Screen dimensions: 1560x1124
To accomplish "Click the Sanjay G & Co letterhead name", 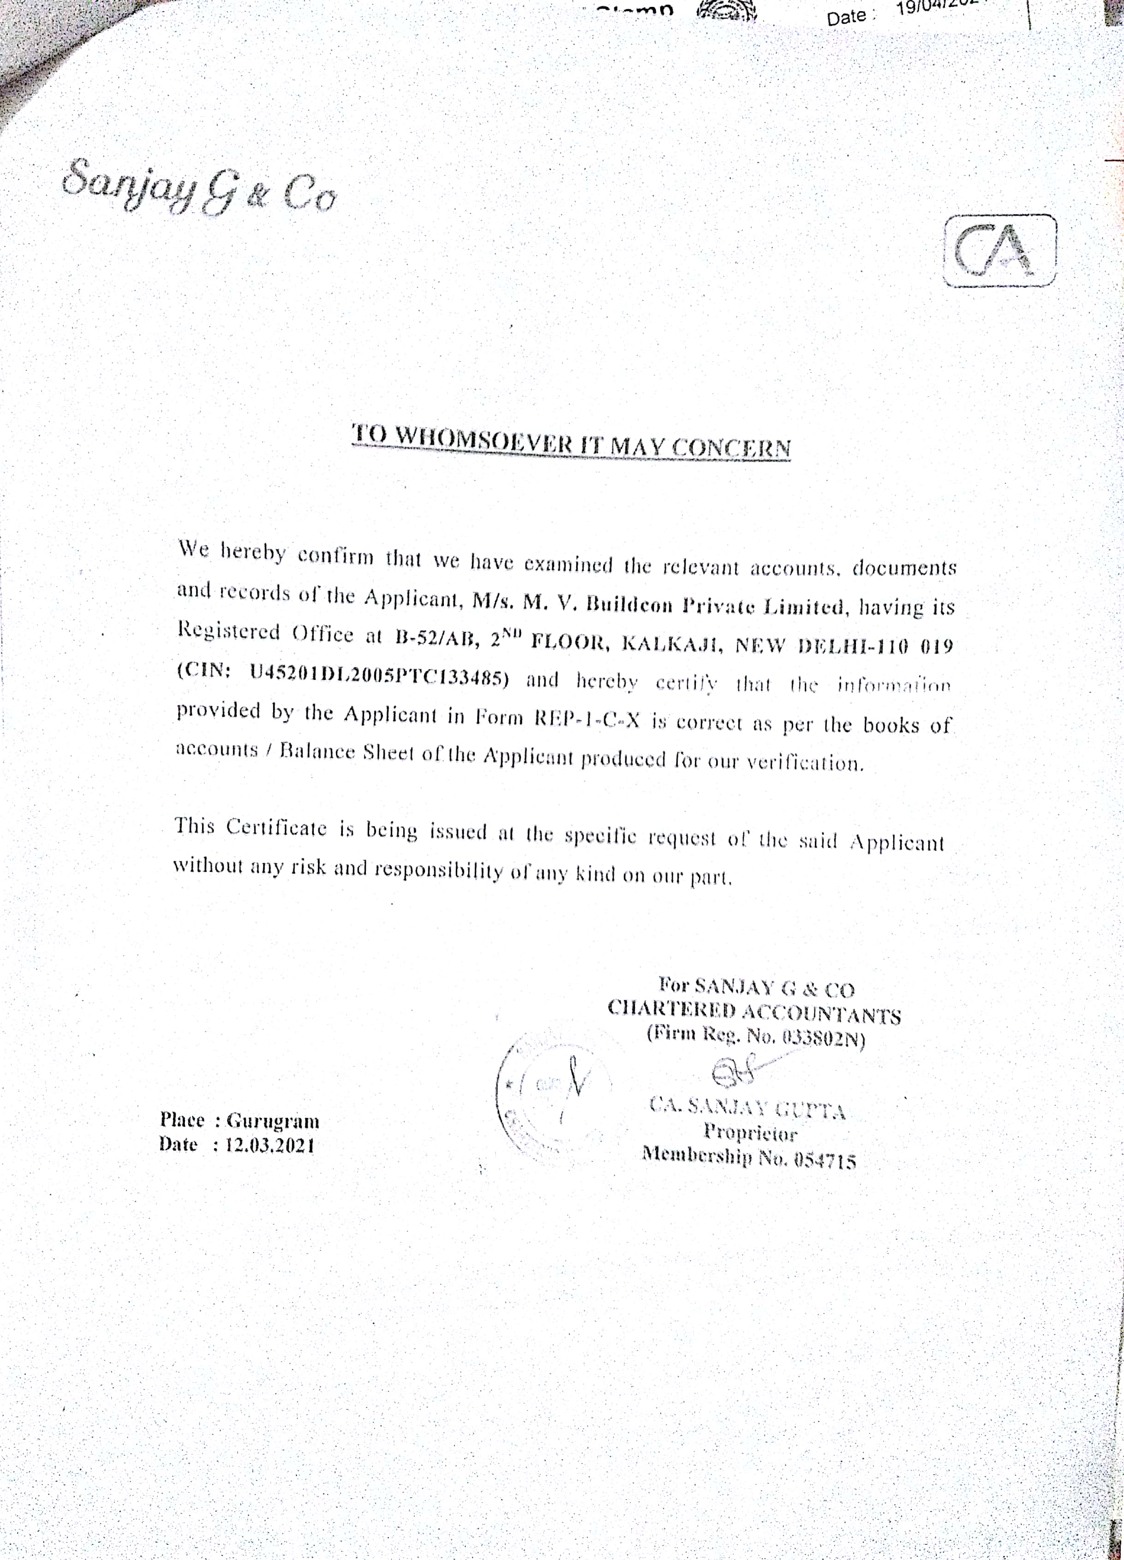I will point(199,187).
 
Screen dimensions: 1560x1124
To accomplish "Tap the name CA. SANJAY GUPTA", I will point(748,1107).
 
